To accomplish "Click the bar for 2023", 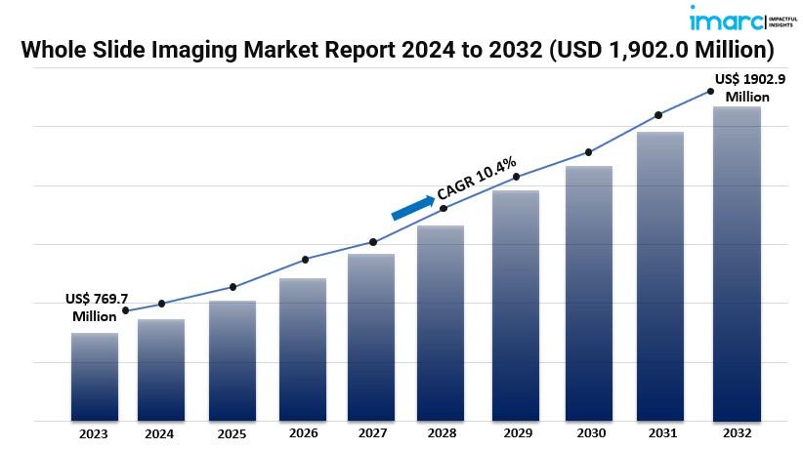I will pyautogui.click(x=95, y=377).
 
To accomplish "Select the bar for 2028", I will pyautogui.click(x=441, y=323).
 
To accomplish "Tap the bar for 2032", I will pyautogui.click(x=737, y=264).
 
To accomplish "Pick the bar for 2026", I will pyautogui.click(x=303, y=349).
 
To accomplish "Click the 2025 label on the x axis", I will pyautogui.click(x=232, y=432).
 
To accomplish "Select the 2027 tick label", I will pyautogui.click(x=373, y=432).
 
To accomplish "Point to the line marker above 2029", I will pyautogui.click(x=517, y=177).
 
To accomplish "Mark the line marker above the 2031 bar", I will pyautogui.click(x=657, y=115).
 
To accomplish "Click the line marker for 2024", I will pyautogui.click(x=161, y=304).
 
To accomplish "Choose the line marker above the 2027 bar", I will pyautogui.click(x=372, y=242).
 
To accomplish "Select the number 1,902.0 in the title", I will pyautogui.click(x=659, y=49).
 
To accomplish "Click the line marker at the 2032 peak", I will pyautogui.click(x=710, y=91).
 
